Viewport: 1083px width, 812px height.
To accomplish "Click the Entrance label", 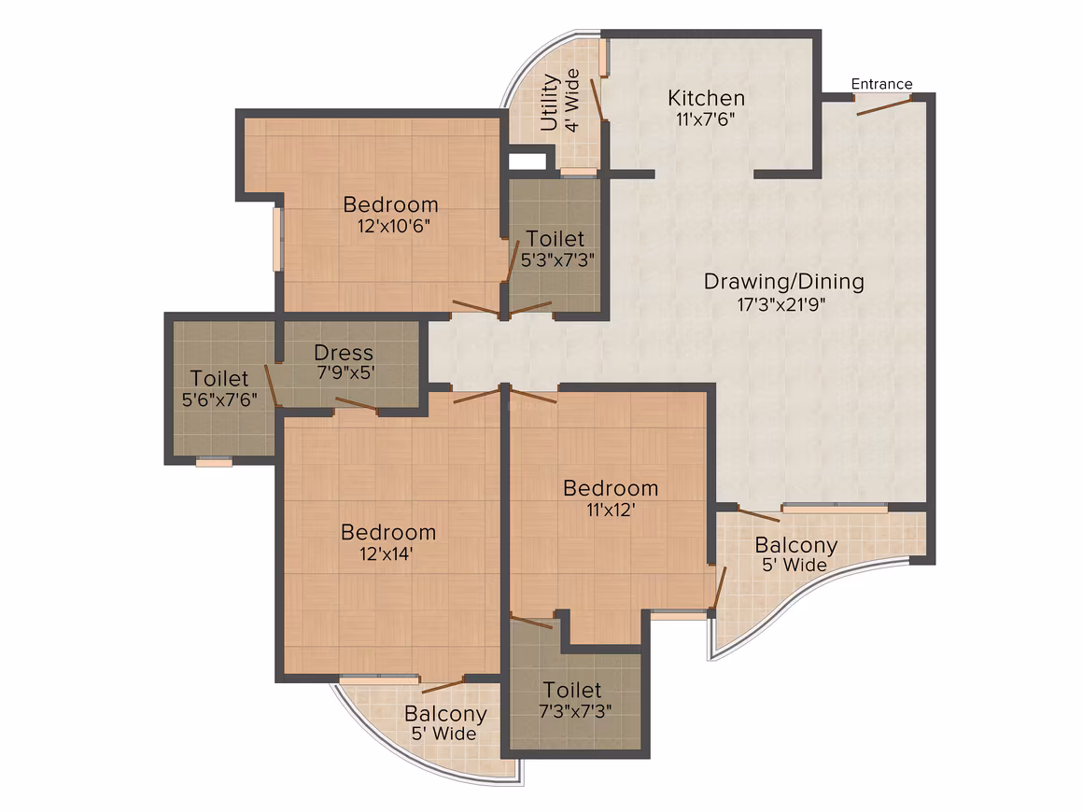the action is click(881, 84).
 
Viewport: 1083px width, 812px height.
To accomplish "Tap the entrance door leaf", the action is click(884, 105).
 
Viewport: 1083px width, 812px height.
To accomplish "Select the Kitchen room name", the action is click(706, 98).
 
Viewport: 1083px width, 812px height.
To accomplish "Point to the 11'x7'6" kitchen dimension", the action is click(705, 119).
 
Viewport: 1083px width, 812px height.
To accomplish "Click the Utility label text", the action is click(549, 102).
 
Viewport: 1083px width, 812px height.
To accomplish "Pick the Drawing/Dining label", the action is click(784, 282).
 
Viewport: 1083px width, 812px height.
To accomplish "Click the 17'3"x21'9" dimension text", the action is click(781, 304).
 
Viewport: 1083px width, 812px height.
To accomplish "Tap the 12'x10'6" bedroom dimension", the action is click(394, 227).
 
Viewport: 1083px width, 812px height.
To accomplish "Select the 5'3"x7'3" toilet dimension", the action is click(557, 260).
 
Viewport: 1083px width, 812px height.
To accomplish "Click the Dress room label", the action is click(344, 353).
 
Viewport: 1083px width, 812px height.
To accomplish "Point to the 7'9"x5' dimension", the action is click(345, 373).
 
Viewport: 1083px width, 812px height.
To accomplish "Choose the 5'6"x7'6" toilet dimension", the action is click(219, 399).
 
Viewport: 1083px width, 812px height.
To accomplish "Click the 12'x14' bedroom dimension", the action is click(387, 553).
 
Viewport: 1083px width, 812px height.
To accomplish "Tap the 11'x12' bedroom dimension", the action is click(611, 511).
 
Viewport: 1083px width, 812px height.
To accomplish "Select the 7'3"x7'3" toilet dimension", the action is click(575, 711).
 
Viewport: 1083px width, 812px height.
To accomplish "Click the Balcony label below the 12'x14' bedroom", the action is click(445, 714).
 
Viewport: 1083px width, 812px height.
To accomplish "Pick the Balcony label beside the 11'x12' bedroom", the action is click(795, 545).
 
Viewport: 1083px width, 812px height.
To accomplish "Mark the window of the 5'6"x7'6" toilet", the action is click(214, 462).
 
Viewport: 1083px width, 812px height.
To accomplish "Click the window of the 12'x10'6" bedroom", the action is click(277, 239).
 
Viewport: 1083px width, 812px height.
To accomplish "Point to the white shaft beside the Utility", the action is click(527, 161).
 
